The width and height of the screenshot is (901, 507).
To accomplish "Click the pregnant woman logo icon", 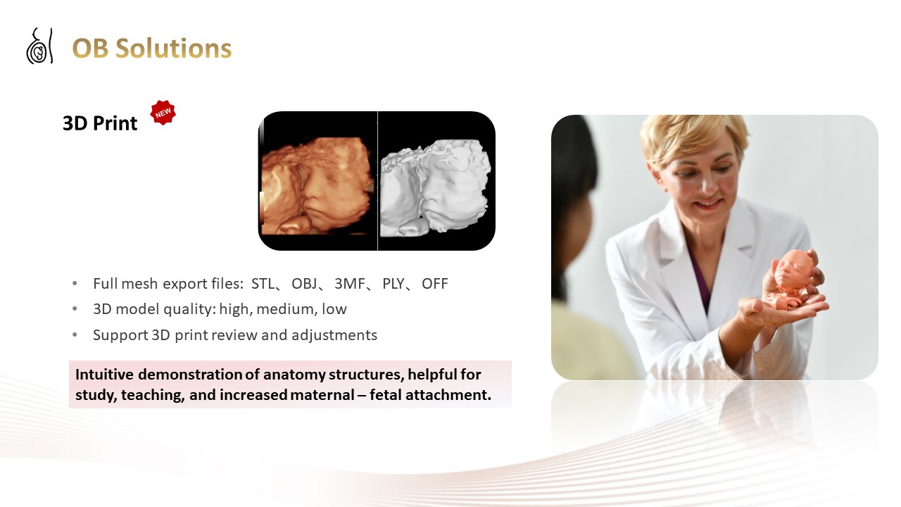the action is [39, 46].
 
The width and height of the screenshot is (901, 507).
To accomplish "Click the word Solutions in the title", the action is [173, 49].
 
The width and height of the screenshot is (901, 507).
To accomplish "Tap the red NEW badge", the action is [163, 113].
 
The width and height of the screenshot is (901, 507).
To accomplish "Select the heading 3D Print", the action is [100, 123].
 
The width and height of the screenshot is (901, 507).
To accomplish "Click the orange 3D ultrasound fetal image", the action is [317, 185].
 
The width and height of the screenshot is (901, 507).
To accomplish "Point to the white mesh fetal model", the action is [435, 187].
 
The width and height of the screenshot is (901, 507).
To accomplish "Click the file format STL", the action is [263, 284].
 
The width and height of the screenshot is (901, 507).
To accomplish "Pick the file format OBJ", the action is [304, 284].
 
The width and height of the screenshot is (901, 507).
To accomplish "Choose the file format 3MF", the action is [350, 284].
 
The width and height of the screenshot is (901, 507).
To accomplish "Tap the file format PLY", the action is [393, 284].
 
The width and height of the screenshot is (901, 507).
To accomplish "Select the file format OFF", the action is [435, 284].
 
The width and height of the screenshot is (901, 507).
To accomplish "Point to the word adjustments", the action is [334, 335].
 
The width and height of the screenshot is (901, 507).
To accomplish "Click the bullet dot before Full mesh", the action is [75, 283].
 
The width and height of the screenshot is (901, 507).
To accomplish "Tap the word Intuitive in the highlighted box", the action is [104, 375].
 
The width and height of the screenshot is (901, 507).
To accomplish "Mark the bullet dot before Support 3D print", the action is [75, 334].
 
